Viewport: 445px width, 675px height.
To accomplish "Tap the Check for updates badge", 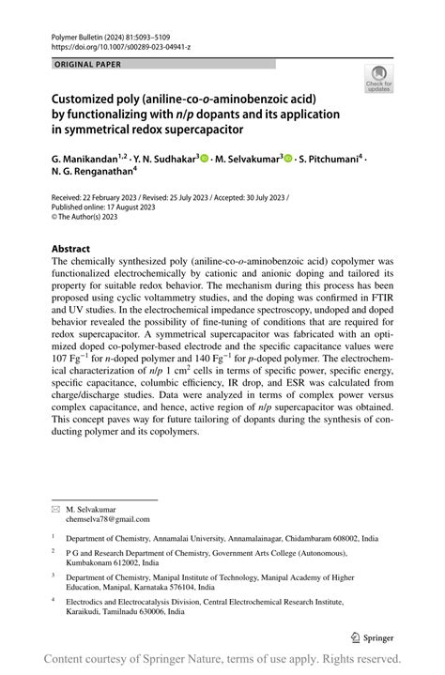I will click(379, 78).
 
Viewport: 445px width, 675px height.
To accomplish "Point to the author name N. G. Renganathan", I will click(92, 174).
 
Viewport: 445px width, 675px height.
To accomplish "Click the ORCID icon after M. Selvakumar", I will click(289, 161).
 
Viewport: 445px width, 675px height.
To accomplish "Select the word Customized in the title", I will click(88, 98).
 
